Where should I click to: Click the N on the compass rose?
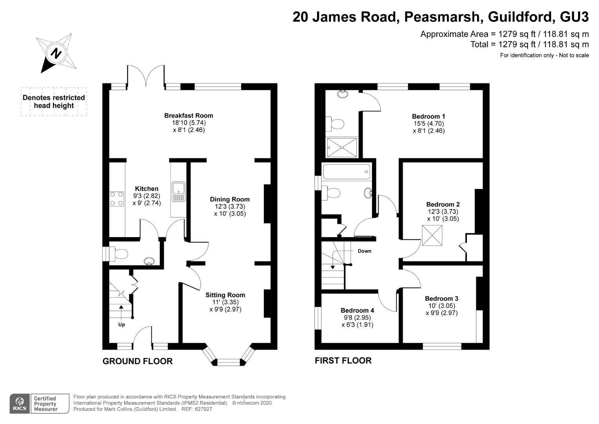(56, 53)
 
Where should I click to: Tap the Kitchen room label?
(147, 188)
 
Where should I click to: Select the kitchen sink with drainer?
(178, 192)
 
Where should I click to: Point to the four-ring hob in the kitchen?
(116, 199)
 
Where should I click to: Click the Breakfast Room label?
(189, 115)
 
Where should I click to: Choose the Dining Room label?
(230, 199)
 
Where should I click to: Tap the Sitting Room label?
(225, 295)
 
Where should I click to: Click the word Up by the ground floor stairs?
(122, 325)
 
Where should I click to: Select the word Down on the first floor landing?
(365, 251)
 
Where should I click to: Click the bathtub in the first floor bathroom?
(347, 172)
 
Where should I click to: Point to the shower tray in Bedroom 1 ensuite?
(342, 147)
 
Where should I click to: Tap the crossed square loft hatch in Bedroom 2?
(432, 236)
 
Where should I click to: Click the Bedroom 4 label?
(357, 311)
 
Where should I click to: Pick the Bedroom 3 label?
(441, 298)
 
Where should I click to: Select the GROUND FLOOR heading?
(138, 361)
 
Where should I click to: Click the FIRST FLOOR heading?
(343, 360)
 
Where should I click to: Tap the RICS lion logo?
(20, 403)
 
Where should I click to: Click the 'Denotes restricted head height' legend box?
(54, 102)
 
